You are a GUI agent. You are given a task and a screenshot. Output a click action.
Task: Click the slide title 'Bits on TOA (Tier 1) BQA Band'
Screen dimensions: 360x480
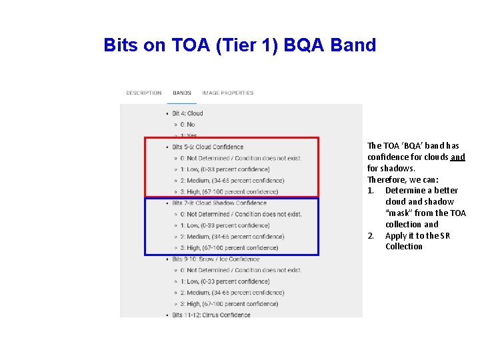(x=240, y=45)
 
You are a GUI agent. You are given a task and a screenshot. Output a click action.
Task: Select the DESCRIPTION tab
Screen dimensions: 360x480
(x=143, y=93)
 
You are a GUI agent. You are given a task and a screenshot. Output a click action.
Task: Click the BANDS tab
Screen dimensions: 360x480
(x=182, y=93)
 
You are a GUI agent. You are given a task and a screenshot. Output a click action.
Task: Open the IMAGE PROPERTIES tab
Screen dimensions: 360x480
(x=228, y=93)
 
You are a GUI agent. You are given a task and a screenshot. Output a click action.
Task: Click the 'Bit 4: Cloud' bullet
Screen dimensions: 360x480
(x=187, y=113)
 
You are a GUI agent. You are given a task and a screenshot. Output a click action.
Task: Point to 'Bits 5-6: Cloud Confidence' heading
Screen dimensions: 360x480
(x=207, y=147)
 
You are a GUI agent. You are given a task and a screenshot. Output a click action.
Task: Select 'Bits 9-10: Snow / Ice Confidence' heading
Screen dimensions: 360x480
(x=215, y=259)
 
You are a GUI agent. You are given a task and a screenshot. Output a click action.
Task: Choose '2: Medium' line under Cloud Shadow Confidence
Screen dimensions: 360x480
(x=232, y=237)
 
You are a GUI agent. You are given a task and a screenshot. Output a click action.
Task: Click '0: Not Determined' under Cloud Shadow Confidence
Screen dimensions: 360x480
(x=241, y=214)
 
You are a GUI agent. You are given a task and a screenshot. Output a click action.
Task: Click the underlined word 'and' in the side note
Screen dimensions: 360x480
(x=457, y=157)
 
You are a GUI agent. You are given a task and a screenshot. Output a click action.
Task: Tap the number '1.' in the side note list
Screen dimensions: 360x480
(x=371, y=191)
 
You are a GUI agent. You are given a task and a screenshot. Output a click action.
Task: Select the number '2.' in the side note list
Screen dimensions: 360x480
(x=371, y=236)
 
